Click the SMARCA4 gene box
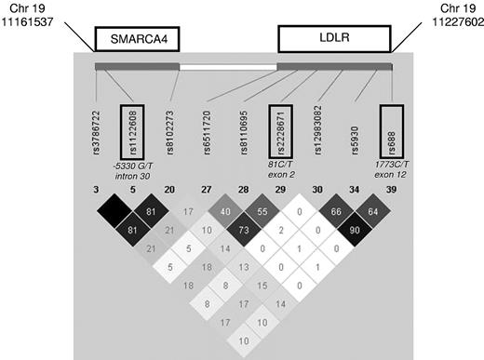[x=136, y=39]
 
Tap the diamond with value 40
[x=225, y=213]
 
